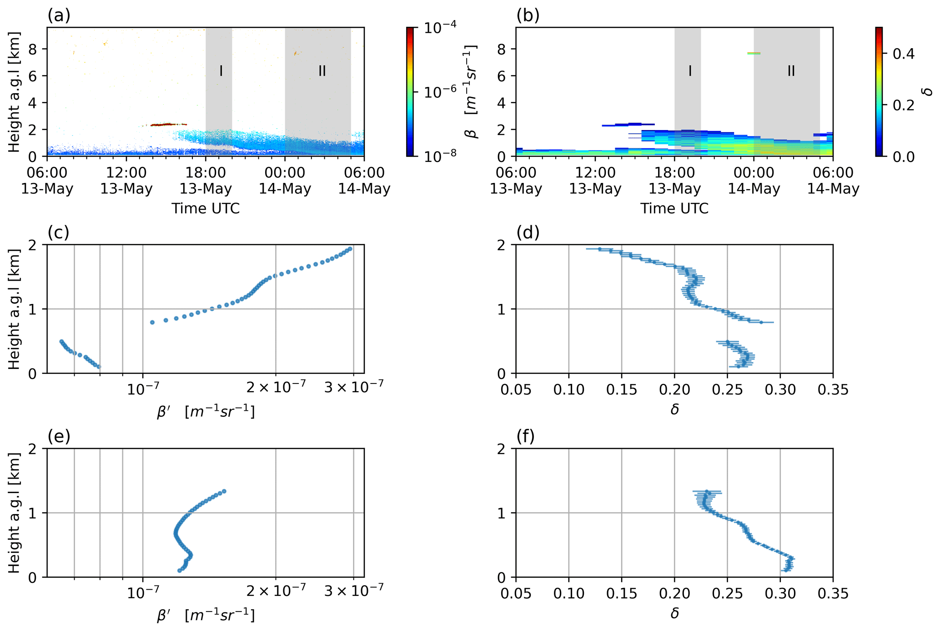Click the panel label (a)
[59, 16]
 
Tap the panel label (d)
[528, 233]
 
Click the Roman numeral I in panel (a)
[221, 71]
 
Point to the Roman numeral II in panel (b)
[791, 71]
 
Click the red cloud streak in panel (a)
[168, 124]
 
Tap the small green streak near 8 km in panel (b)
[754, 53]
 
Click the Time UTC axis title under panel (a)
[206, 208]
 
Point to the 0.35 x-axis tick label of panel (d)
[833, 390]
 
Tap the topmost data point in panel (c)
[350, 249]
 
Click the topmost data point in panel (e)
[224, 491]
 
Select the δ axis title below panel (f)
[674, 613]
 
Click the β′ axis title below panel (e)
[206, 616]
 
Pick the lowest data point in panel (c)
[99, 367]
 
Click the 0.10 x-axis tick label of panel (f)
[568, 594]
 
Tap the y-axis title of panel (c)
[15, 309]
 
